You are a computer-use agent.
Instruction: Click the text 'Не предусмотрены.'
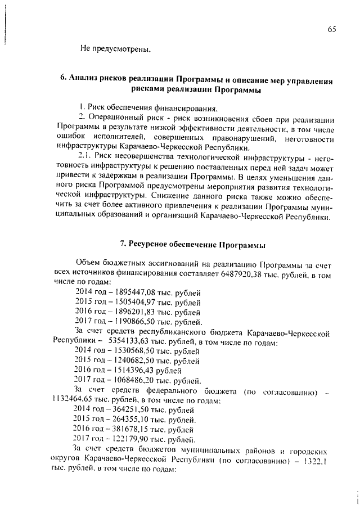(x=115, y=49)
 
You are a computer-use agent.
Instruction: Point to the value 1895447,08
(x=138, y=292)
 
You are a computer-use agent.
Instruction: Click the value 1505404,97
(x=138, y=303)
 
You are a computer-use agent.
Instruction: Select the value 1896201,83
(x=138, y=312)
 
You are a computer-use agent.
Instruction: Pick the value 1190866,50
(x=138, y=322)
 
